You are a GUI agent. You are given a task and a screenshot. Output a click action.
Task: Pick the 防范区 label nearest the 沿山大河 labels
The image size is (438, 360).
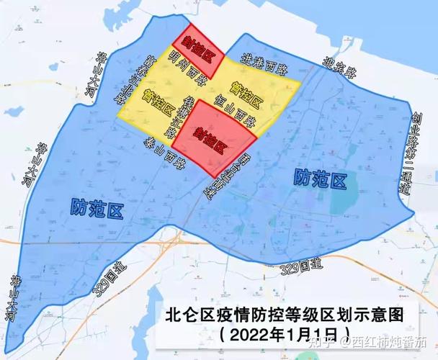tap(97, 209)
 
